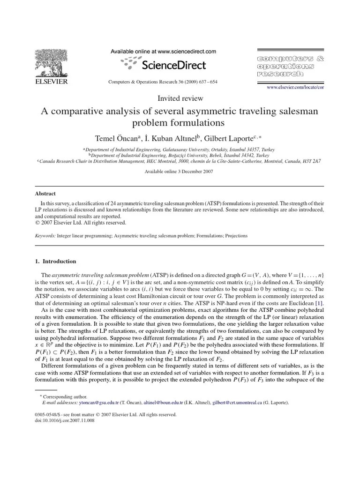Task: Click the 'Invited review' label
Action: [x=180, y=98]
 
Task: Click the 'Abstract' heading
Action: [x=45, y=193]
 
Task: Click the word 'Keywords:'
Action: [x=45, y=236]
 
